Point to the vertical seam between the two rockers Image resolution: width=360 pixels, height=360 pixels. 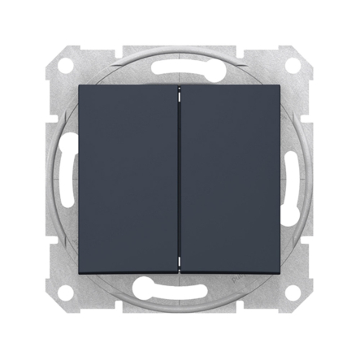[x=180, y=180]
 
